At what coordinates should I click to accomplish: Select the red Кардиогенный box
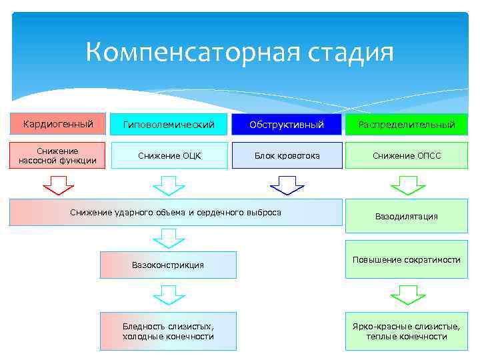58,123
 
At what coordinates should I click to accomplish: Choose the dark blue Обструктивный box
287,124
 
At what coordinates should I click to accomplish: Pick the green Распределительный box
406,124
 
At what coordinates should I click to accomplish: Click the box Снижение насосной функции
58,155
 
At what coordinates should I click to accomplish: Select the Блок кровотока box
287,155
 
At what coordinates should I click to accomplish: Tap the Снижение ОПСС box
406,155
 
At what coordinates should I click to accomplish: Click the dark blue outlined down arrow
287,185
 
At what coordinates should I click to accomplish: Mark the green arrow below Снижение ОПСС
407,185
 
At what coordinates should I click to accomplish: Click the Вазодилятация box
406,216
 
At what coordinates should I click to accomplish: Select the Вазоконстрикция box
168,265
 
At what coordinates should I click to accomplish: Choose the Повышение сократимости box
406,259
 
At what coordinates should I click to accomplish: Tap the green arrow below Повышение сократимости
407,294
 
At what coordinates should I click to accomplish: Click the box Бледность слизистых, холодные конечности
168,331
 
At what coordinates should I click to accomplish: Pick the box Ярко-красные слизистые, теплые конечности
406,331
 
